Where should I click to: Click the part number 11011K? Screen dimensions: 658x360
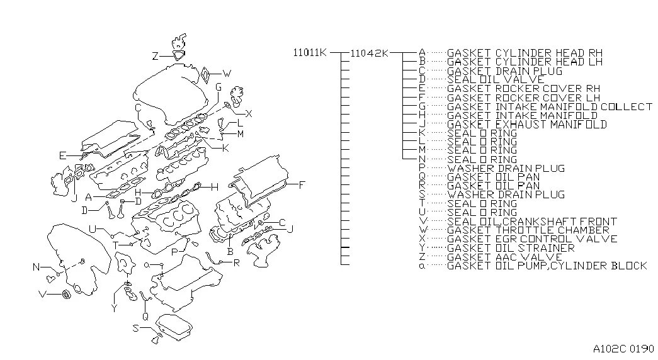[310, 52]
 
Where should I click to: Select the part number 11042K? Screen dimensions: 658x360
[369, 53]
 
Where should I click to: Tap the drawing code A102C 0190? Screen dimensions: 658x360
[623, 349]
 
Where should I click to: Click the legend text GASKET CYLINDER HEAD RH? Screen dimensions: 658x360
[525, 53]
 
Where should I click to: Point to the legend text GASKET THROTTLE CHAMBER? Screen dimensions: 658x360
[528, 230]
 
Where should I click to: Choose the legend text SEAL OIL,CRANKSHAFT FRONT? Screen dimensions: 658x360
[531, 221]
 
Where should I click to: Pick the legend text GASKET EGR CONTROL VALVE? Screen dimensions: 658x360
[531, 239]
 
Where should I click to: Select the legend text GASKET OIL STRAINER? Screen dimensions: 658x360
[510, 248]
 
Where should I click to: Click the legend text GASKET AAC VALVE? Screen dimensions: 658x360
[504, 257]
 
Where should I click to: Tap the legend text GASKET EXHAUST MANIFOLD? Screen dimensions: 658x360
[526, 124]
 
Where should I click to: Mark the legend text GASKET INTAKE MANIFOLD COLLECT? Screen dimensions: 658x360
[549, 106]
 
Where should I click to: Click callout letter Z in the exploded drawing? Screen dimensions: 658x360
[156, 56]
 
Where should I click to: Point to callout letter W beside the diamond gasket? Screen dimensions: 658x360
[227, 74]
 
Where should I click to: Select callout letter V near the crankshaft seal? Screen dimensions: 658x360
[42, 294]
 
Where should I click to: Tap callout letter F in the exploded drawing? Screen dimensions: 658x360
[302, 184]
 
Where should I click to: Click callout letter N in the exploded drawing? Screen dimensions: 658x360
[36, 267]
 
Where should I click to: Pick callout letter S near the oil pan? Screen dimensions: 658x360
[135, 328]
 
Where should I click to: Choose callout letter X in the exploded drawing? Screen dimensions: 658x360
[249, 114]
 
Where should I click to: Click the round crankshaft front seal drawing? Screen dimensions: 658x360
[66, 295]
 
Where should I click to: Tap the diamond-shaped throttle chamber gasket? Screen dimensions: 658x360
[206, 76]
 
